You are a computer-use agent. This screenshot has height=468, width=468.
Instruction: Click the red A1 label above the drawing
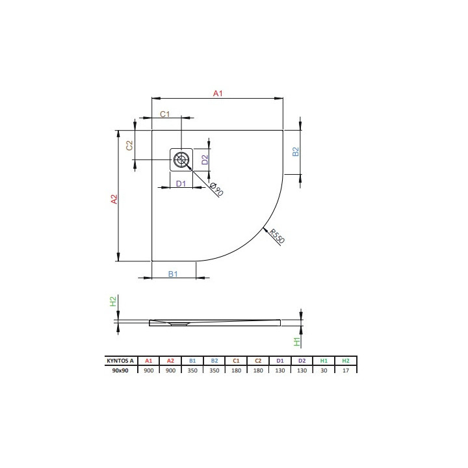click(x=218, y=94)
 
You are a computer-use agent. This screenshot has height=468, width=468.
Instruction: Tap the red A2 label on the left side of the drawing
click(x=113, y=200)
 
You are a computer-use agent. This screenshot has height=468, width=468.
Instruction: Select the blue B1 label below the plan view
click(x=173, y=274)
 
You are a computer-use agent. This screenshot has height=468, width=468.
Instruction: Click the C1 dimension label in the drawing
click(x=165, y=114)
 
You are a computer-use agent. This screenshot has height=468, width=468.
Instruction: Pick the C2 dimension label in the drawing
click(x=129, y=146)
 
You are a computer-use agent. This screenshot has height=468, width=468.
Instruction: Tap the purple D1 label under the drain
click(x=181, y=184)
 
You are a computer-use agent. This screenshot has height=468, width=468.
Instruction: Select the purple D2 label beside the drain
click(x=204, y=158)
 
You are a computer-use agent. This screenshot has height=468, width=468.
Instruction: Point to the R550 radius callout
click(x=276, y=237)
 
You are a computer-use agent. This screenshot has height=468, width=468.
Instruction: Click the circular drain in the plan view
click(x=181, y=158)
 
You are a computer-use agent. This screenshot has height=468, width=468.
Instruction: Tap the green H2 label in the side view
click(x=112, y=302)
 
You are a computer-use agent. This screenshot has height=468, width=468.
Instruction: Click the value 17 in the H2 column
click(x=346, y=369)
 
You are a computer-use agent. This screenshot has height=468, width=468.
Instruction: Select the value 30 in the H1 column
click(x=324, y=369)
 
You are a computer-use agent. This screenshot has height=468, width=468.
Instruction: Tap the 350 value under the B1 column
click(x=192, y=369)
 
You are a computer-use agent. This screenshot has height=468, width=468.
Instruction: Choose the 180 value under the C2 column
click(x=258, y=369)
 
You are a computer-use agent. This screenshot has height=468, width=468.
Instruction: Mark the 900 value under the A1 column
click(x=148, y=369)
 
